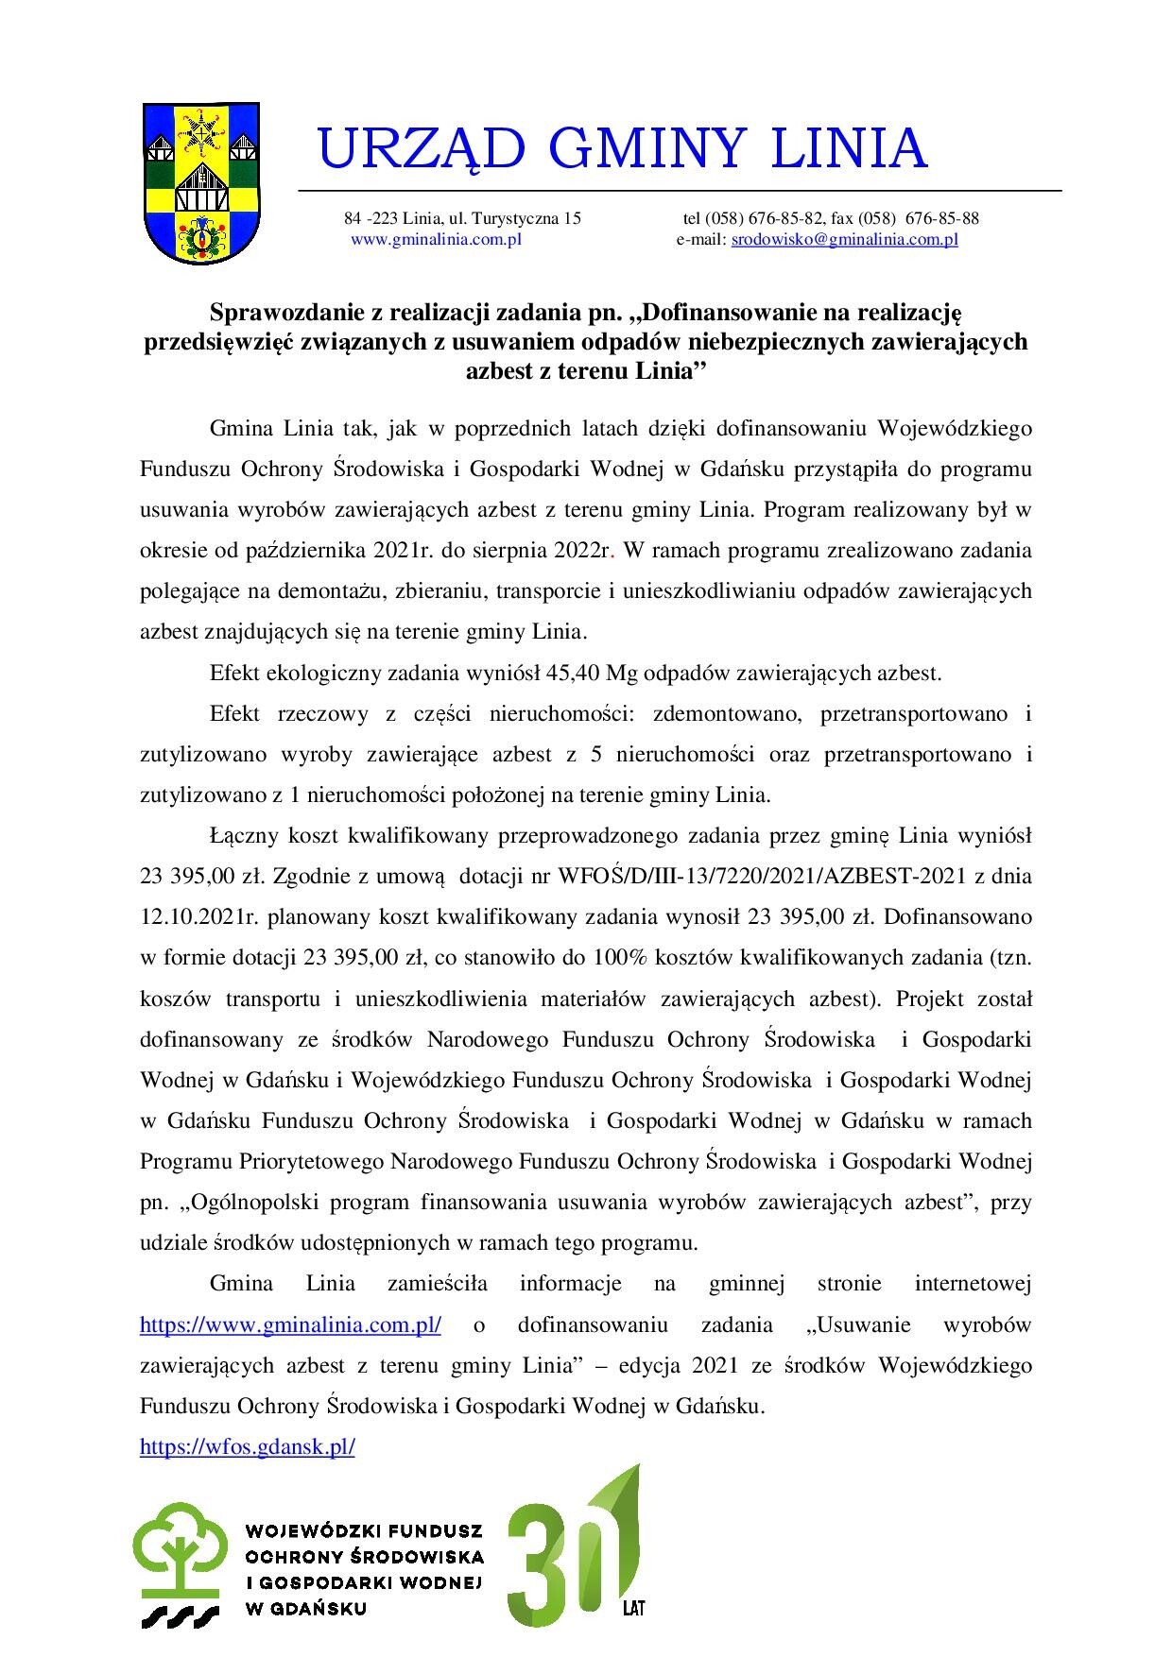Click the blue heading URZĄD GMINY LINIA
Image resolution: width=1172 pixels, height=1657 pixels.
pyautogui.click(x=623, y=148)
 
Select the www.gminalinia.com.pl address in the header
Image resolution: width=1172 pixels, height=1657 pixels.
pyautogui.click(x=436, y=240)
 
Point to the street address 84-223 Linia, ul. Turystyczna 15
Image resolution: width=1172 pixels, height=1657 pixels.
pyautogui.click(x=462, y=218)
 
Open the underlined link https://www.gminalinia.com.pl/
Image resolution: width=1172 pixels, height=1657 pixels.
pyautogui.click(x=290, y=1324)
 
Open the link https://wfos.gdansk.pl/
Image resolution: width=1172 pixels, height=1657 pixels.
pyautogui.click(x=247, y=1446)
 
